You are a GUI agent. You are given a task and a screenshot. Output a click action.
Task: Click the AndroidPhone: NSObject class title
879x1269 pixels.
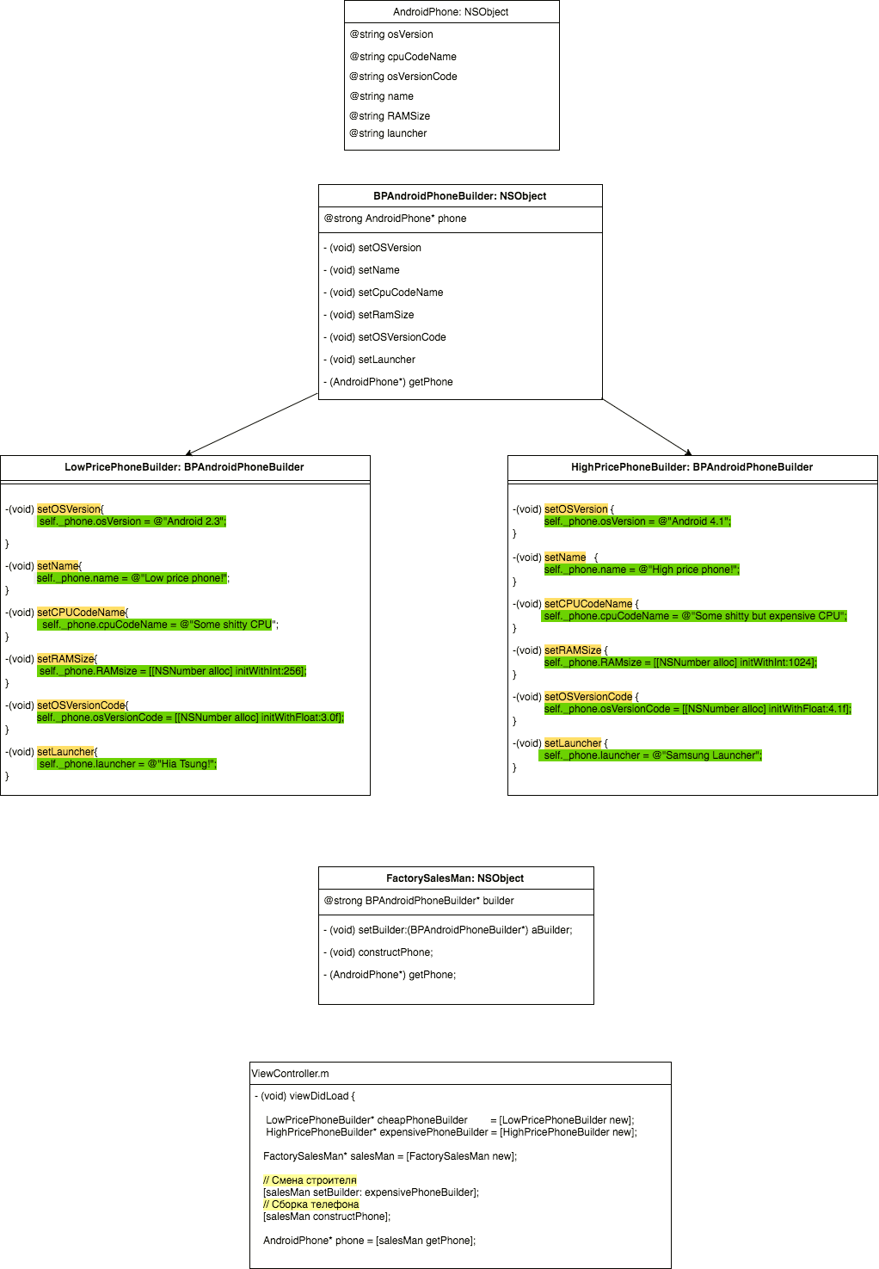click(451, 12)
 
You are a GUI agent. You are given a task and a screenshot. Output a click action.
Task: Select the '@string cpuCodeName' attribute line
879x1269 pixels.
click(403, 57)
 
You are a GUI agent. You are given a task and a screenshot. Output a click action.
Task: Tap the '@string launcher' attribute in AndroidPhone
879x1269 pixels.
click(388, 133)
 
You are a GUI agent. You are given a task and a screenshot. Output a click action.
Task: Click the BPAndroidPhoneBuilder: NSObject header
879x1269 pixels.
click(459, 196)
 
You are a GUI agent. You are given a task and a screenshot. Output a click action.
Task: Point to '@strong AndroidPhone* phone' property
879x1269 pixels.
click(395, 219)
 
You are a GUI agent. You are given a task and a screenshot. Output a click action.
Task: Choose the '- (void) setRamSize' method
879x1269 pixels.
click(369, 315)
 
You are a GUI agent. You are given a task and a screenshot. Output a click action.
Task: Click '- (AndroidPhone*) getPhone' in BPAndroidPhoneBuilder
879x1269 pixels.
click(388, 382)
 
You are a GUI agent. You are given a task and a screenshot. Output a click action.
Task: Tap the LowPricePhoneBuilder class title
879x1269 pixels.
click(184, 467)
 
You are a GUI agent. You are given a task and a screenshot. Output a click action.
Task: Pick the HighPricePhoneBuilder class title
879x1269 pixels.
click(692, 467)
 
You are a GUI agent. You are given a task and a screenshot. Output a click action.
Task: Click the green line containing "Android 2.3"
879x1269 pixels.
click(132, 521)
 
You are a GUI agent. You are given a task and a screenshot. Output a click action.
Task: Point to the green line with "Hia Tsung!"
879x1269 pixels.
click(126, 764)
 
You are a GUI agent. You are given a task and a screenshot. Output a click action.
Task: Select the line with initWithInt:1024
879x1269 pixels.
click(680, 662)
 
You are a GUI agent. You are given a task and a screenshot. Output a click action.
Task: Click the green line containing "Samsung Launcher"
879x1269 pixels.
click(652, 755)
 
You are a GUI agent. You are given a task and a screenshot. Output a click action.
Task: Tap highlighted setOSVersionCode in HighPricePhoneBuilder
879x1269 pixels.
click(588, 697)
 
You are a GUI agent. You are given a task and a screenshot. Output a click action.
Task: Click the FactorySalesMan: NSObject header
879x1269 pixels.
click(455, 878)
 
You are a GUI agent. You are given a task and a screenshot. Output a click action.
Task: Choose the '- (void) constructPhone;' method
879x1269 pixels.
click(378, 952)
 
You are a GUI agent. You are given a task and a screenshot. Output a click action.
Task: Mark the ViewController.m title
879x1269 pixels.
click(290, 1074)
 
